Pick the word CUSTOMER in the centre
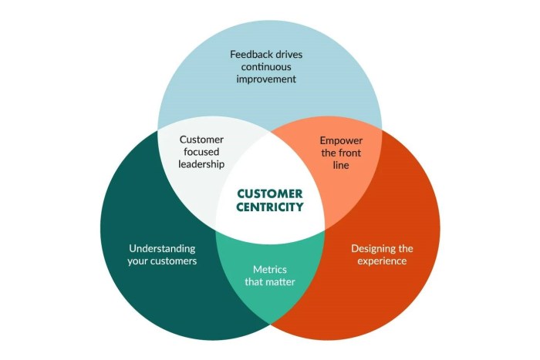tap(269, 193)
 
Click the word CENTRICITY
tap(269, 207)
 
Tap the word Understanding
tap(162, 248)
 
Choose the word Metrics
tap(270, 269)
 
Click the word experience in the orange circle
tap(381, 261)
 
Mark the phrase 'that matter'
tap(269, 281)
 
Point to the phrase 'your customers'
tap(162, 261)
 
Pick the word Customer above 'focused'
tap(201, 140)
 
